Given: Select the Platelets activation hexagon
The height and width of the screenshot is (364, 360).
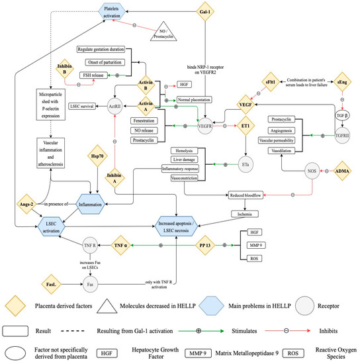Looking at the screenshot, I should [x=113, y=11].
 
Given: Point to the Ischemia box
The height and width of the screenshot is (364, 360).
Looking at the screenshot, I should [x=251, y=214].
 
